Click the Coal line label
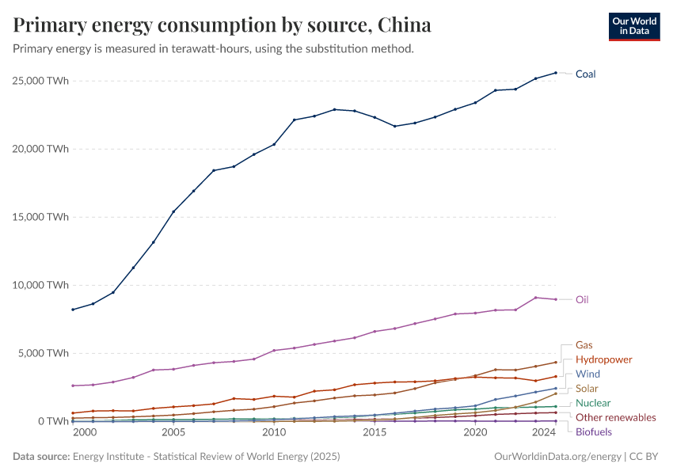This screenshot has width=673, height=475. point(585,74)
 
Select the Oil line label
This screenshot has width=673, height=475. point(582,300)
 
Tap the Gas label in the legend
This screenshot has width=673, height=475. point(584,345)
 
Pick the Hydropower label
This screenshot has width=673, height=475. point(603,359)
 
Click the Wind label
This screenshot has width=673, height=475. point(587,374)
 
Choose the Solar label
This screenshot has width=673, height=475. point(587,389)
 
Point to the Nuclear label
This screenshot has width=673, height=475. point(593,403)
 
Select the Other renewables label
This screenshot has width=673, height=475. point(615,417)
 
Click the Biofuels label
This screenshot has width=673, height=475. point(593,432)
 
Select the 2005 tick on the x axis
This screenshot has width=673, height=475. point(173,433)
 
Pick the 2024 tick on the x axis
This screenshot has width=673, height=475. point(544,433)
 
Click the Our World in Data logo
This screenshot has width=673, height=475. point(633,26)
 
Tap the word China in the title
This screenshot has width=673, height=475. point(405,25)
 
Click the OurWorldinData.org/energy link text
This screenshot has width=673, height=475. point(557,457)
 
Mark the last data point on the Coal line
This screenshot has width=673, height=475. point(556,73)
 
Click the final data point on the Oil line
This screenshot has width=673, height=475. point(556,299)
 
